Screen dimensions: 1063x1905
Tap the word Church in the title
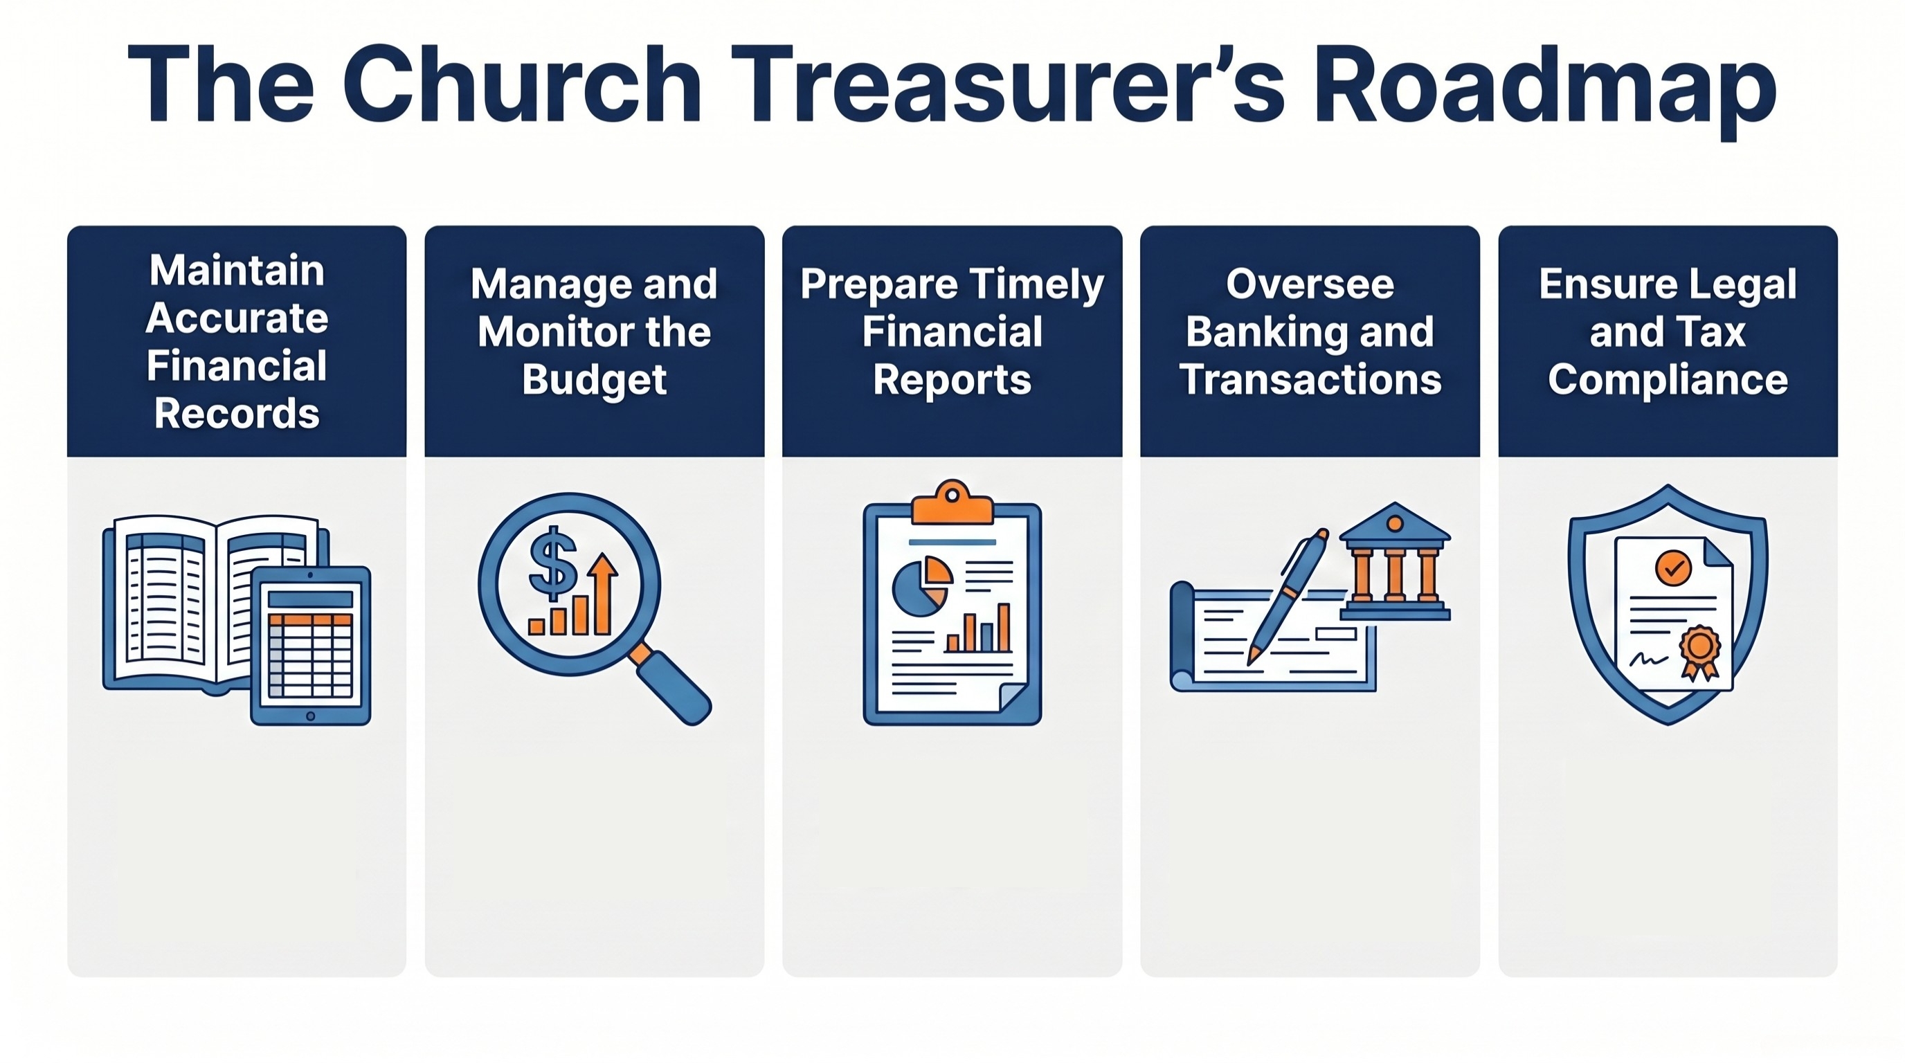click(522, 85)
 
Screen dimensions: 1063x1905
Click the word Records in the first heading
click(237, 413)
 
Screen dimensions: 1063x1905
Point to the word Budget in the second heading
click(594, 380)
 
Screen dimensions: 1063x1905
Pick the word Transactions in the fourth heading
click(1310, 380)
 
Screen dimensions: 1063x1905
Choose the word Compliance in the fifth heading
click(1668, 380)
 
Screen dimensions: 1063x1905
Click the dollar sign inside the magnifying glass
click(552, 563)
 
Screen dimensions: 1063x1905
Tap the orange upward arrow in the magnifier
click(603, 592)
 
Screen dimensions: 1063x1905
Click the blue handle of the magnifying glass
click(672, 687)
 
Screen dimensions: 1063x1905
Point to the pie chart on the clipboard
click(921, 588)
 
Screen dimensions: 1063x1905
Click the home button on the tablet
click(311, 716)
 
